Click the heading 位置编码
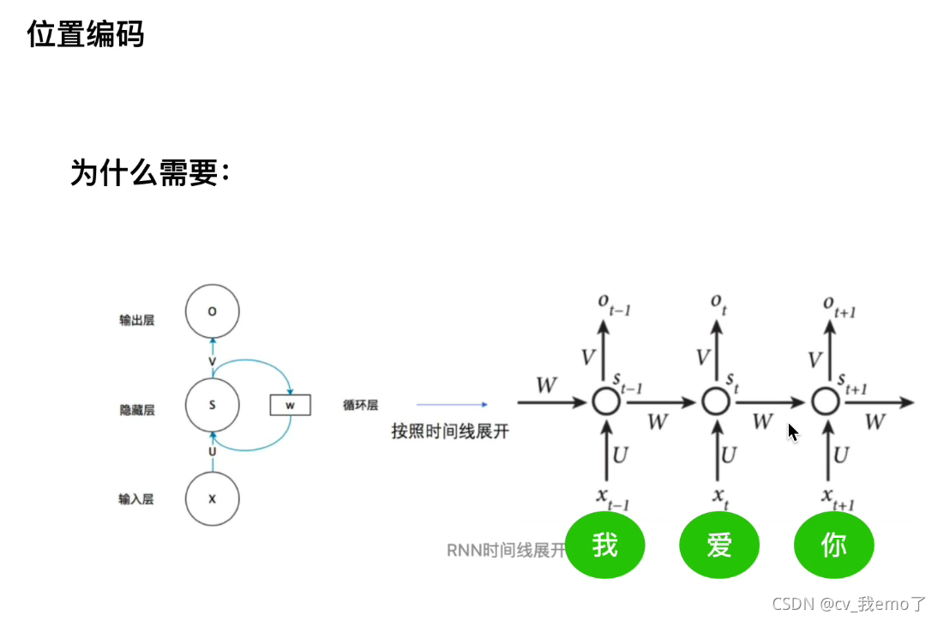coord(86,35)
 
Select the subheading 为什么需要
coord(149,174)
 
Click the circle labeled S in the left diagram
coord(212,404)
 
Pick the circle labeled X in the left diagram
coord(212,498)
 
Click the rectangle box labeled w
coord(290,404)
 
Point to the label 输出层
coord(137,321)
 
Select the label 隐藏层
coord(137,411)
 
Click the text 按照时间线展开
coord(449,431)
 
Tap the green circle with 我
coord(604,546)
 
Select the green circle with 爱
coord(719,546)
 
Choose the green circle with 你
coord(833,546)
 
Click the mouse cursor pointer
coord(793,431)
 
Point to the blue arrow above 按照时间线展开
coord(452,404)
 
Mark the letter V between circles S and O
coord(212,362)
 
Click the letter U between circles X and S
coord(212,452)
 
